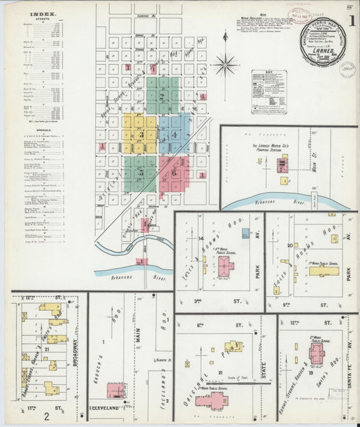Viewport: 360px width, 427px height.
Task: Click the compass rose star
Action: point(224,65)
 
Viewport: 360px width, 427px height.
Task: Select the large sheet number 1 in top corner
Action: point(352,20)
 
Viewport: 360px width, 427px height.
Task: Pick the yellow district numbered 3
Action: point(140,134)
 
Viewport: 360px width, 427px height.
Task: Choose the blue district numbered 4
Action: point(174,134)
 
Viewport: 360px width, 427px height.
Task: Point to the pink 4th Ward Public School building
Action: point(225,264)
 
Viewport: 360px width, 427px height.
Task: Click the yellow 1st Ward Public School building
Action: point(323,271)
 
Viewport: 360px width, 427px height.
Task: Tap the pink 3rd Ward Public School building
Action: point(212,401)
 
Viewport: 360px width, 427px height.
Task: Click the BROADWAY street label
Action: point(74,351)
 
